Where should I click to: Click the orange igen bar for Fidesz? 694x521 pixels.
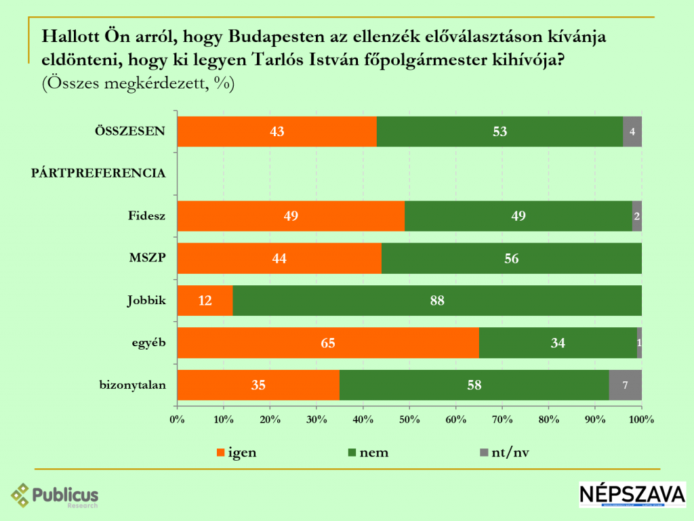pyautogui.click(x=291, y=216)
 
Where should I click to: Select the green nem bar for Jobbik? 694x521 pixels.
pyautogui.click(x=437, y=301)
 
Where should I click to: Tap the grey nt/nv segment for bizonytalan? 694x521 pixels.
pyautogui.click(x=625, y=385)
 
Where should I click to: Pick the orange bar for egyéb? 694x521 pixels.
pyautogui.click(x=328, y=343)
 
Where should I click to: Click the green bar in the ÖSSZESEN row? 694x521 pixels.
pyautogui.click(x=499, y=131)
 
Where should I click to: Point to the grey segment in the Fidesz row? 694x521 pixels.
pyautogui.click(x=636, y=216)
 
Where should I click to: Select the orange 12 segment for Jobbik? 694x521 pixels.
pyautogui.click(x=205, y=301)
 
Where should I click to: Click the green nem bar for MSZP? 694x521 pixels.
pyautogui.click(x=511, y=258)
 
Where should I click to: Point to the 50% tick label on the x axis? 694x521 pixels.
pyautogui.click(x=409, y=419)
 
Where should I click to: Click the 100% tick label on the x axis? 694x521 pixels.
pyautogui.click(x=641, y=419)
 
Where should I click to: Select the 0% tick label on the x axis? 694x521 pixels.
pyautogui.click(x=178, y=419)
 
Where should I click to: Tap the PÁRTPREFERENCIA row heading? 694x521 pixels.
pyautogui.click(x=99, y=173)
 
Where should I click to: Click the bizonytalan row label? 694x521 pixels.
pyautogui.click(x=132, y=386)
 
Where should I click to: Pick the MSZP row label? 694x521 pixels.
pyautogui.click(x=148, y=259)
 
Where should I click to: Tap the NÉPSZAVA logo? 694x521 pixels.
pyautogui.click(x=632, y=494)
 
